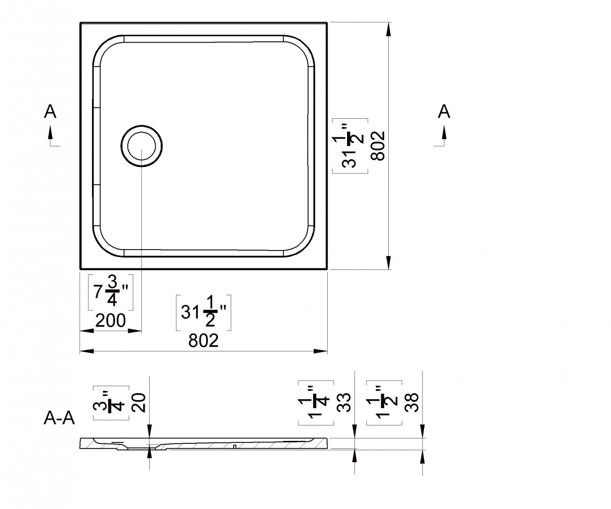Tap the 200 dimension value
pyautogui.click(x=110, y=320)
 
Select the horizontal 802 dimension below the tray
pyautogui.click(x=203, y=340)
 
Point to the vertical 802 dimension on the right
pyautogui.click(x=378, y=146)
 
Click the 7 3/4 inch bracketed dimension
pyautogui.click(x=111, y=292)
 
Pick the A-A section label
pyautogui.click(x=59, y=419)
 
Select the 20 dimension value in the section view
pyautogui.click(x=138, y=403)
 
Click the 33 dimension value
pyautogui.click(x=344, y=403)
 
